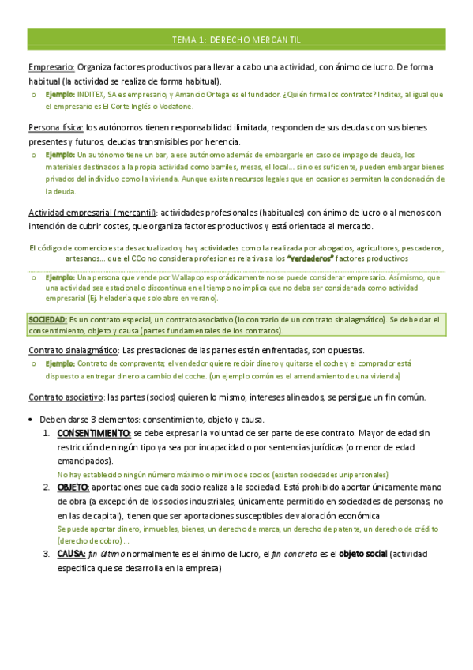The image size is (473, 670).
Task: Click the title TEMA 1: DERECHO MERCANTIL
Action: click(x=236, y=39)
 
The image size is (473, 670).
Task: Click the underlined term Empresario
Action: click(x=51, y=68)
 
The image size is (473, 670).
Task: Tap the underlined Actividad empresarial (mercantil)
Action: click(x=92, y=213)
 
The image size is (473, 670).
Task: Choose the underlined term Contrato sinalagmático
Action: click(x=73, y=350)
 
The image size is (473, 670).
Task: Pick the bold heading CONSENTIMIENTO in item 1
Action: click(x=93, y=433)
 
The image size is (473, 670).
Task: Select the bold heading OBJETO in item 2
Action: click(x=72, y=487)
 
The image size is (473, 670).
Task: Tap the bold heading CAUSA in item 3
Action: click(x=69, y=554)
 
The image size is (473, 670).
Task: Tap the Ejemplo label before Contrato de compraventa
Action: click(x=60, y=363)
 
